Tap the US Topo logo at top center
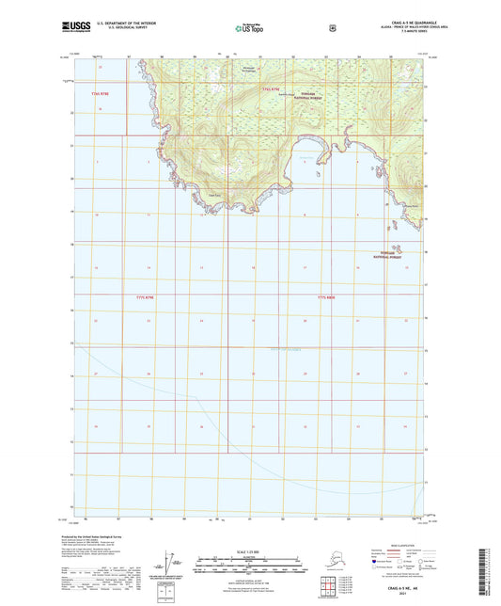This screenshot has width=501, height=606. click(249, 29)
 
